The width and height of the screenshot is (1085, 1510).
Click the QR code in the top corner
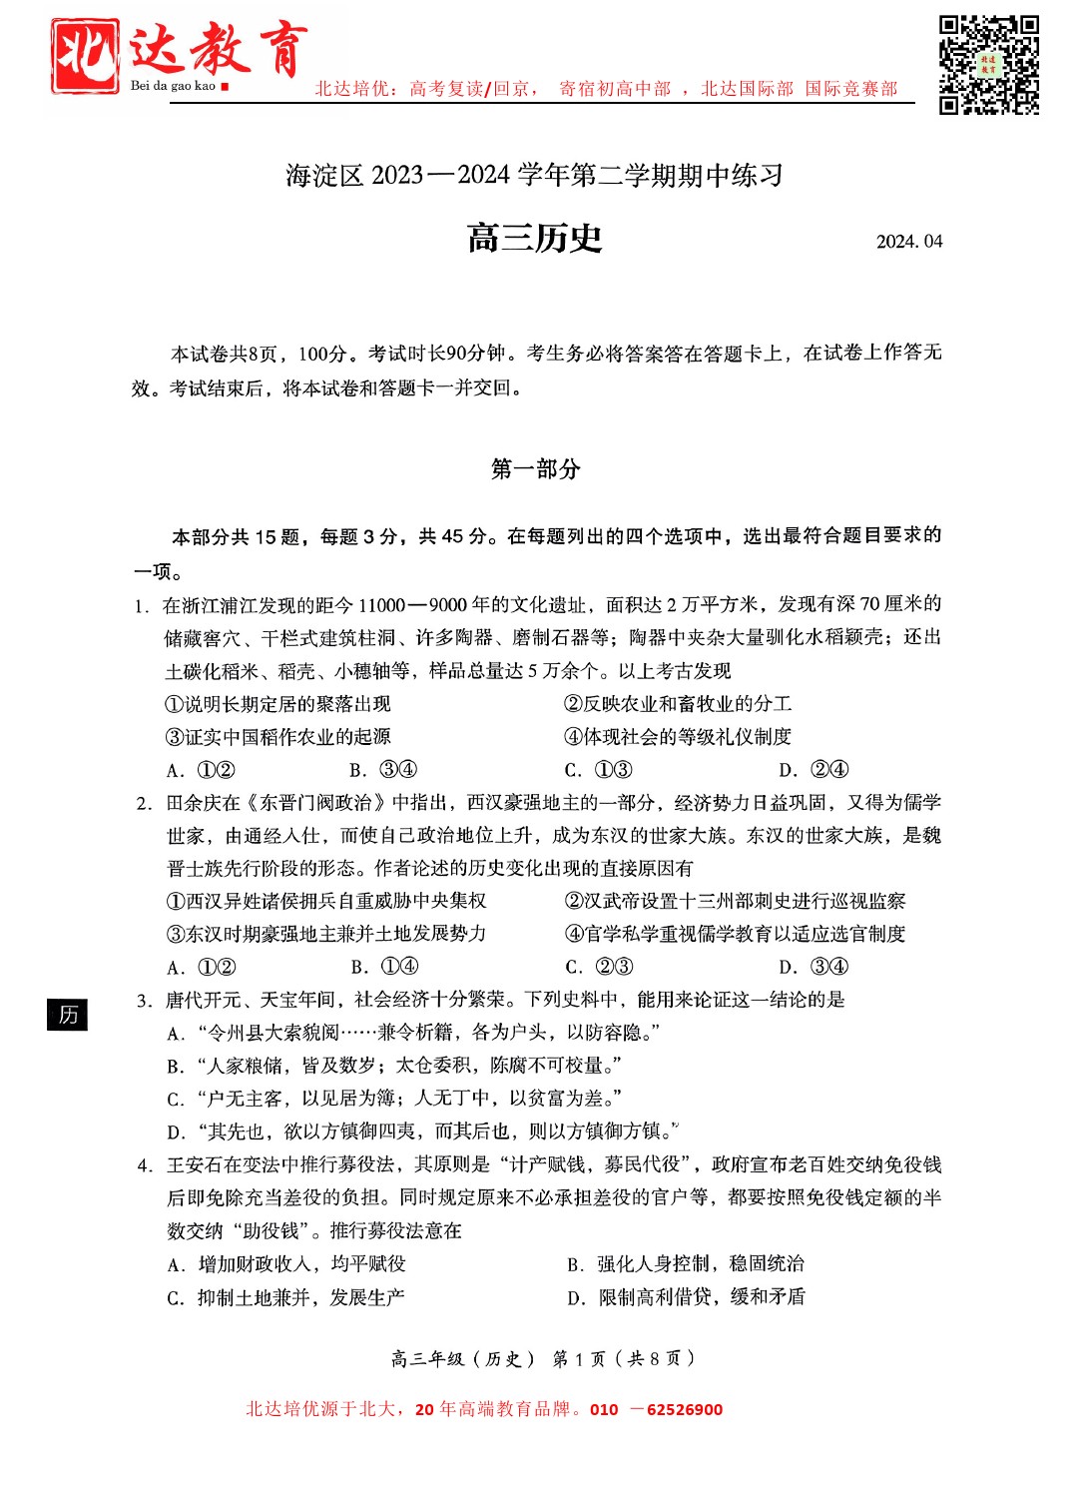(x=988, y=65)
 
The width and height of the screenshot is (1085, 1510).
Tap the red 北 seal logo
(x=86, y=56)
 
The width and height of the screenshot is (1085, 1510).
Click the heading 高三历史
(x=535, y=239)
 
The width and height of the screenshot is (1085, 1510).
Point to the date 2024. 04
(x=908, y=242)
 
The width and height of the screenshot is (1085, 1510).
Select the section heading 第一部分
(x=535, y=469)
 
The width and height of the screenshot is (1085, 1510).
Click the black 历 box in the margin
(x=68, y=1015)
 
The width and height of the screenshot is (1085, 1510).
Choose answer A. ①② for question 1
(x=201, y=770)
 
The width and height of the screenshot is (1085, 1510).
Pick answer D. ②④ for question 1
(x=814, y=770)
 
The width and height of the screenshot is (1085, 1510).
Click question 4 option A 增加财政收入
(x=286, y=1264)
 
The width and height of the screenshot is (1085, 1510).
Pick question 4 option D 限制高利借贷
(x=686, y=1297)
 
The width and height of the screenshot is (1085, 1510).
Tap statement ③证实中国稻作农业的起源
(x=278, y=737)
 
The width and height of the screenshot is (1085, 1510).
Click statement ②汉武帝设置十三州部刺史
(x=735, y=902)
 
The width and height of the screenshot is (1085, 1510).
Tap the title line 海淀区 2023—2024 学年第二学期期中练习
(x=535, y=176)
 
